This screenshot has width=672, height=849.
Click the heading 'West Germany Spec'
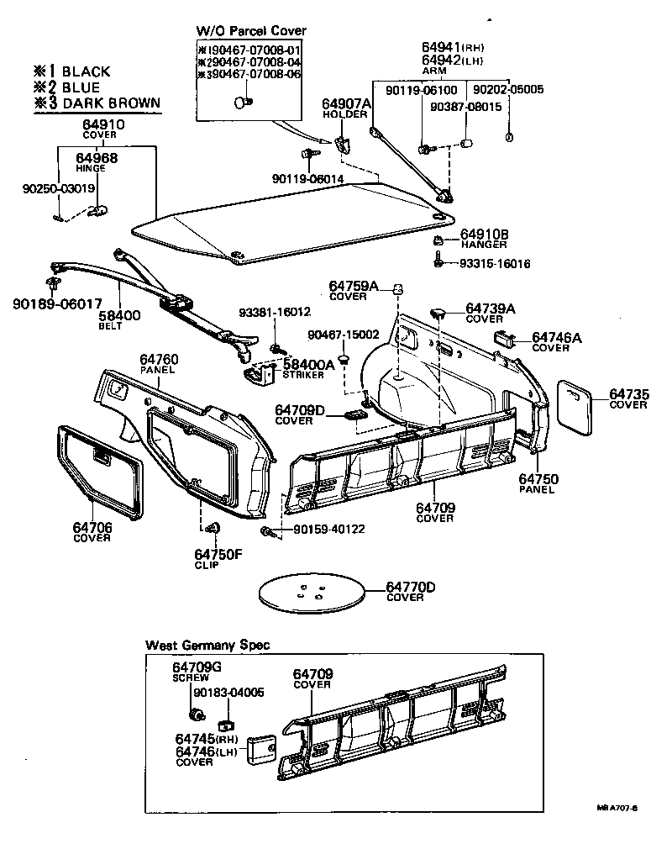click(x=207, y=645)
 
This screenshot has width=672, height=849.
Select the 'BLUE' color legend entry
click(x=80, y=87)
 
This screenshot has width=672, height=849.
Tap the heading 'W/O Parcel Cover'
click(x=251, y=31)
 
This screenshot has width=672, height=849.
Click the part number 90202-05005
click(x=507, y=89)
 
